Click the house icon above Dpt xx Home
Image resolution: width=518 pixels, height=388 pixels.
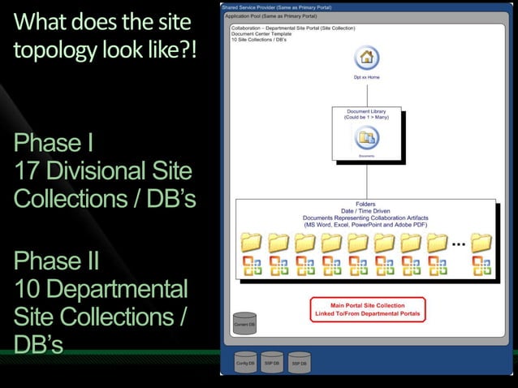click(367, 58)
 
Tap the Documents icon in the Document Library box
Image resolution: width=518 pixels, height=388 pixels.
click(367, 137)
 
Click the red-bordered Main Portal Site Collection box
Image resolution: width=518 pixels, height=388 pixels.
click(368, 309)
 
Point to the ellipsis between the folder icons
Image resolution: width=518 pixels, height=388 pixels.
click(458, 243)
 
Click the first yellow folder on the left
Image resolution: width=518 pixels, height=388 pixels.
click(252, 244)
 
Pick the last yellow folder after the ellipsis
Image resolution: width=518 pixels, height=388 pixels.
click(481, 244)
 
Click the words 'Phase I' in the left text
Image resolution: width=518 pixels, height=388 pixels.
click(53, 146)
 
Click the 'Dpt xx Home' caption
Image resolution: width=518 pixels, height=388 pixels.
click(367, 78)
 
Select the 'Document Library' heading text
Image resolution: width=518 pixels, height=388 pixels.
click(367, 111)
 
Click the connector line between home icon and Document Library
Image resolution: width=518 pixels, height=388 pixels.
click(367, 93)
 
